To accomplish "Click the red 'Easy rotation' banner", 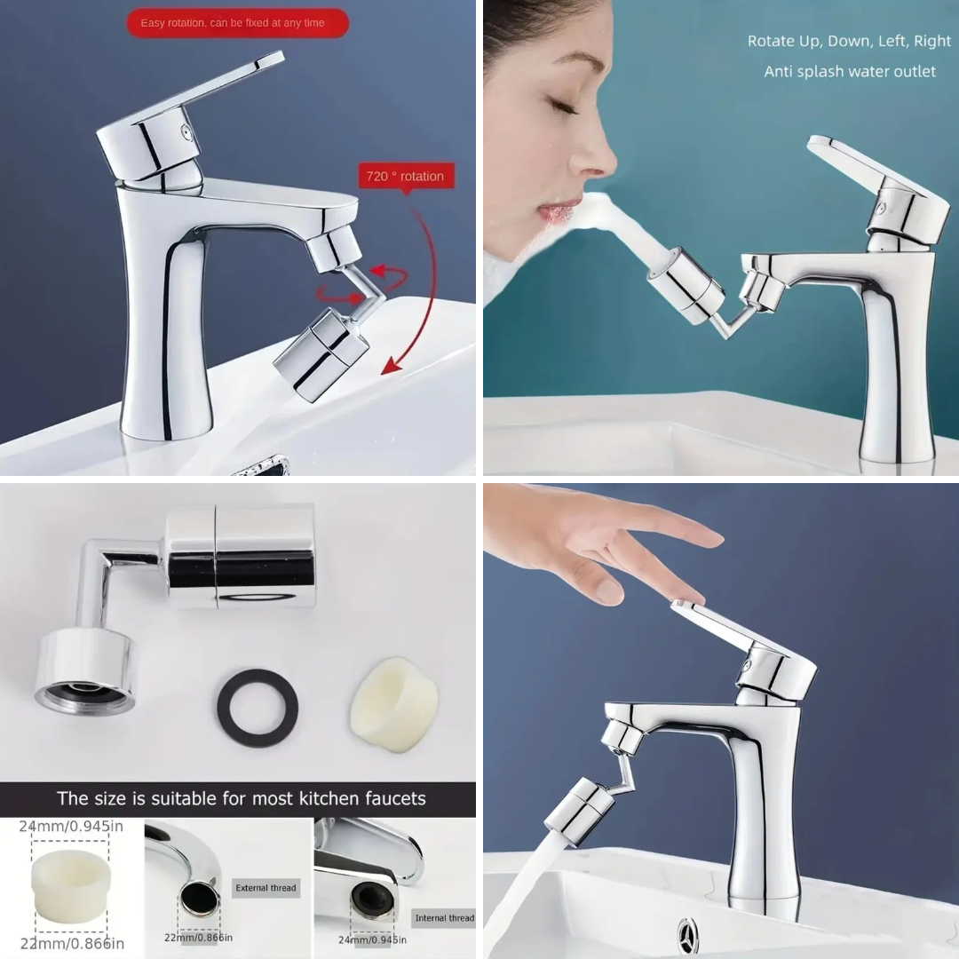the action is (237, 23).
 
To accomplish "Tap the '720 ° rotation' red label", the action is (406, 177).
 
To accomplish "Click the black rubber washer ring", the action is (258, 707).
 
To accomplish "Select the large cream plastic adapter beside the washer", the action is (394, 704).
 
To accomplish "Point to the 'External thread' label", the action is (266, 887).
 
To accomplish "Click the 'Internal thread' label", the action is (444, 917).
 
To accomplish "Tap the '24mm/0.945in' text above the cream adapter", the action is (71, 827).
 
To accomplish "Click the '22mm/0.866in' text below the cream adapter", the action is (72, 944).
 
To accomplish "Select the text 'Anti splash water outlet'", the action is (850, 72).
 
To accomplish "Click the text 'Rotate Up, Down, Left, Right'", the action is (849, 41).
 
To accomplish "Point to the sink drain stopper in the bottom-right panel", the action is (687, 936).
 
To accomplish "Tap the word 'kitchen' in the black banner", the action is (325, 798).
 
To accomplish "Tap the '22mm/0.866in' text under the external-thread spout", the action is (198, 938).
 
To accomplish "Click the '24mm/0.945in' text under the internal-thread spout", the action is (372, 939).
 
